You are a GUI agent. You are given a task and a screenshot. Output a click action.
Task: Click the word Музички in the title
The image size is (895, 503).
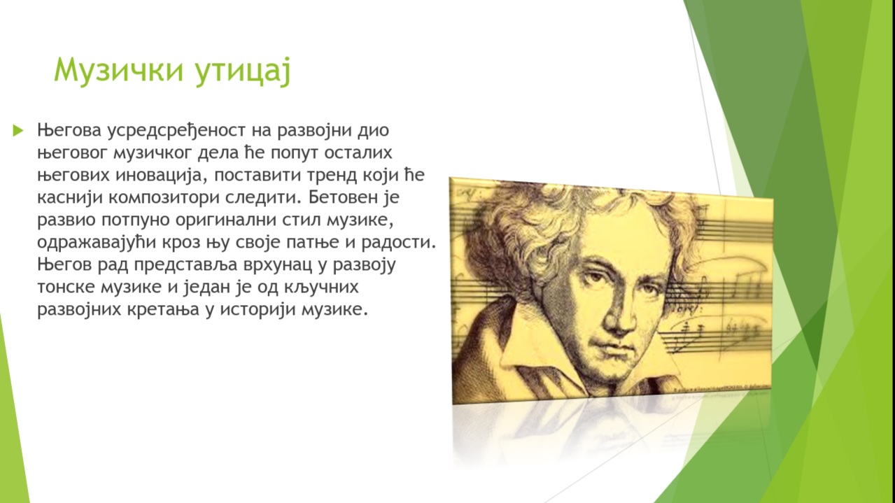pos(119,71)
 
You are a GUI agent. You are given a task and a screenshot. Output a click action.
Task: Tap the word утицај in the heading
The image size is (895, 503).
pos(243,72)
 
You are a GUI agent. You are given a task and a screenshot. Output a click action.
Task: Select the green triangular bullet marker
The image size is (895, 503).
pos(18,130)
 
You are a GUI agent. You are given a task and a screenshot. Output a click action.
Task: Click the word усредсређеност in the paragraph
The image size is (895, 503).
pos(176,131)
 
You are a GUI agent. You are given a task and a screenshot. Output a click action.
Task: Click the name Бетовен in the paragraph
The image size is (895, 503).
pos(340,197)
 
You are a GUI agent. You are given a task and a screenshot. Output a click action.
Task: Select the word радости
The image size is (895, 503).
pos(398,243)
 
